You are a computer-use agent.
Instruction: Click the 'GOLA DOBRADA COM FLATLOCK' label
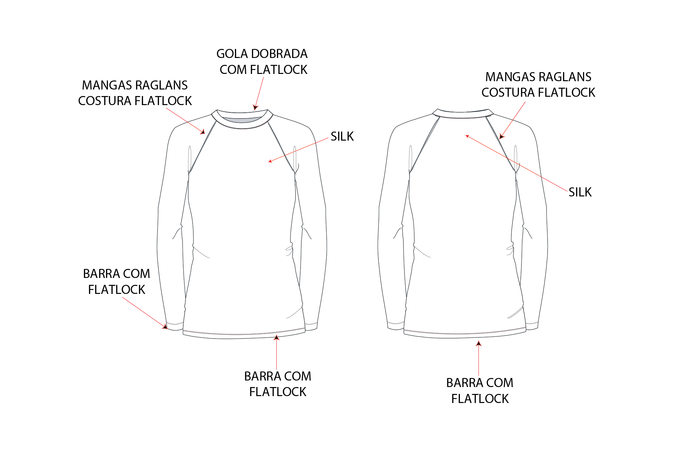tap(262, 62)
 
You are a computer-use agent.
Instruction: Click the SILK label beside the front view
tap(342, 137)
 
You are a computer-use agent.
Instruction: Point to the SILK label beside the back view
tap(580, 192)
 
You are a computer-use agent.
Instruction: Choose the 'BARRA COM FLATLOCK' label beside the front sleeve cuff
tap(117, 282)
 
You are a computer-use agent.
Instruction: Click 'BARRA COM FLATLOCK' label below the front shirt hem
tap(278, 384)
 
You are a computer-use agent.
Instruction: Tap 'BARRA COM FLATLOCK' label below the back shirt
tap(480, 391)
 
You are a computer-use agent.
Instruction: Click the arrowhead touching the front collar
tap(255, 107)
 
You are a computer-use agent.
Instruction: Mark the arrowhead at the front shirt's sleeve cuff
tap(165, 327)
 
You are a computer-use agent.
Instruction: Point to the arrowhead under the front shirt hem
tap(277, 337)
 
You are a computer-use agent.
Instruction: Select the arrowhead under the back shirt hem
tap(479, 343)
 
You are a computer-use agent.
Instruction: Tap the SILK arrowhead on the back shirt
tap(468, 136)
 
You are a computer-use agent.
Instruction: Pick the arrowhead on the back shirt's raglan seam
tap(502, 136)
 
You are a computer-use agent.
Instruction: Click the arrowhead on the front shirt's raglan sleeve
tap(203, 132)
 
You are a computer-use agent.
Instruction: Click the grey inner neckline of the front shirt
tap(242, 120)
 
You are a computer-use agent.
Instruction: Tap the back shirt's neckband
tap(462, 114)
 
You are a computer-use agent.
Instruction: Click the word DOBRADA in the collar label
tap(279, 54)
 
